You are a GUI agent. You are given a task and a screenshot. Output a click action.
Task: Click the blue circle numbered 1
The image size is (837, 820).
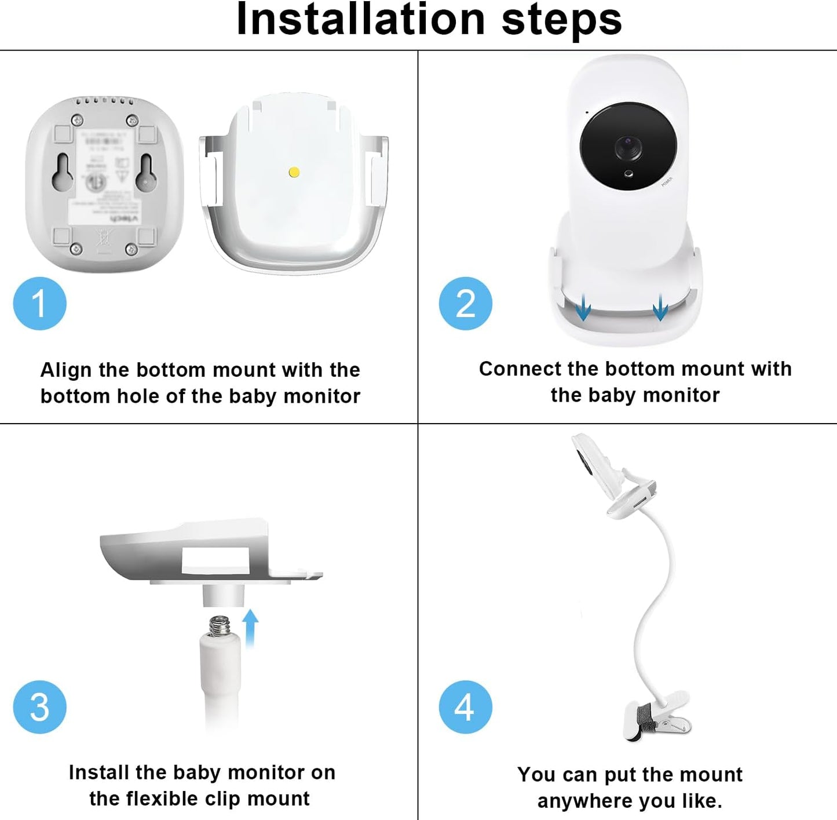pyautogui.click(x=39, y=303)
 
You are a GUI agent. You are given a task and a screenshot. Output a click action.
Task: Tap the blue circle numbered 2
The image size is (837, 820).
pyautogui.click(x=465, y=303)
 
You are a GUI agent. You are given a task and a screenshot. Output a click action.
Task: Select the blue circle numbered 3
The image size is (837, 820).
pyautogui.click(x=39, y=706)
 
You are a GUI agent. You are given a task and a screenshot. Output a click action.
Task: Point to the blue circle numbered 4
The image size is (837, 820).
pyautogui.click(x=465, y=706)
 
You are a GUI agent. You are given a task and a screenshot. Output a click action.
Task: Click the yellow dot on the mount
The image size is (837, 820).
pyautogui.click(x=294, y=172)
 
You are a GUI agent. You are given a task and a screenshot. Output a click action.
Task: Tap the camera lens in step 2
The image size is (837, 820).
pyautogui.click(x=628, y=147)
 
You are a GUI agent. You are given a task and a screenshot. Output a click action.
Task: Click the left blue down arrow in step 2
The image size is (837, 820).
pyautogui.click(x=583, y=307)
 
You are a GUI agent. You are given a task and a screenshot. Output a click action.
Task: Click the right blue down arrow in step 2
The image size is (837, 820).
pyautogui.click(x=660, y=307)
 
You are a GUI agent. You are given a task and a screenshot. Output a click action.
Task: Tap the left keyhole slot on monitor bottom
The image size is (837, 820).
pyautogui.click(x=63, y=173)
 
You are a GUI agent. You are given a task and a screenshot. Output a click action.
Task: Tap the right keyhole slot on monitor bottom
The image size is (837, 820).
pyautogui.click(x=145, y=173)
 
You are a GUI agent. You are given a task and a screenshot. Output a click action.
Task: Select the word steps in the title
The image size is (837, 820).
pyautogui.click(x=561, y=20)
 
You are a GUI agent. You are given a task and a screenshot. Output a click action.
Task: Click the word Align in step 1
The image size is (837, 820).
pyautogui.click(x=66, y=370)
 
